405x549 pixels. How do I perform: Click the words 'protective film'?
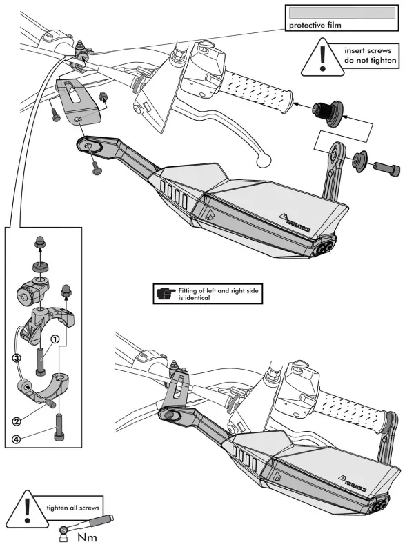tap(315, 26)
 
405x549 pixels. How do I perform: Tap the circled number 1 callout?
tap(55, 339)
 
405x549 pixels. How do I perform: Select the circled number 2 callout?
tap(17, 421)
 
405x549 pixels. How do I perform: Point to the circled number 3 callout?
tap(17, 358)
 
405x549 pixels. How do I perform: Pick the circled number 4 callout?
tap(17, 439)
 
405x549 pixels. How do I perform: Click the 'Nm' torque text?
tap(87, 537)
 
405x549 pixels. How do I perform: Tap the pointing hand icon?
tap(166, 293)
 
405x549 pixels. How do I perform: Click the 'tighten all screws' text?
tap(73, 508)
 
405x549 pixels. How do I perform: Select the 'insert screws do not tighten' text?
tap(370, 55)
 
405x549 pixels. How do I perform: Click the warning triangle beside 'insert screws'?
tap(322, 58)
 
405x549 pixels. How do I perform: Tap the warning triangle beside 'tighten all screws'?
tap(27, 510)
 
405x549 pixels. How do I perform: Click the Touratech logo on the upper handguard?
tap(295, 222)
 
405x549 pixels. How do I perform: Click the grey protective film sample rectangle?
tap(342, 13)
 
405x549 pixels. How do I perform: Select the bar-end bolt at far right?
tap(386, 169)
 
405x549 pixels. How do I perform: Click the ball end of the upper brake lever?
tap(264, 161)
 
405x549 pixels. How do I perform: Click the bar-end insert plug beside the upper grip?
tap(328, 112)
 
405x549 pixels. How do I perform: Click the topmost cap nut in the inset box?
tap(39, 241)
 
